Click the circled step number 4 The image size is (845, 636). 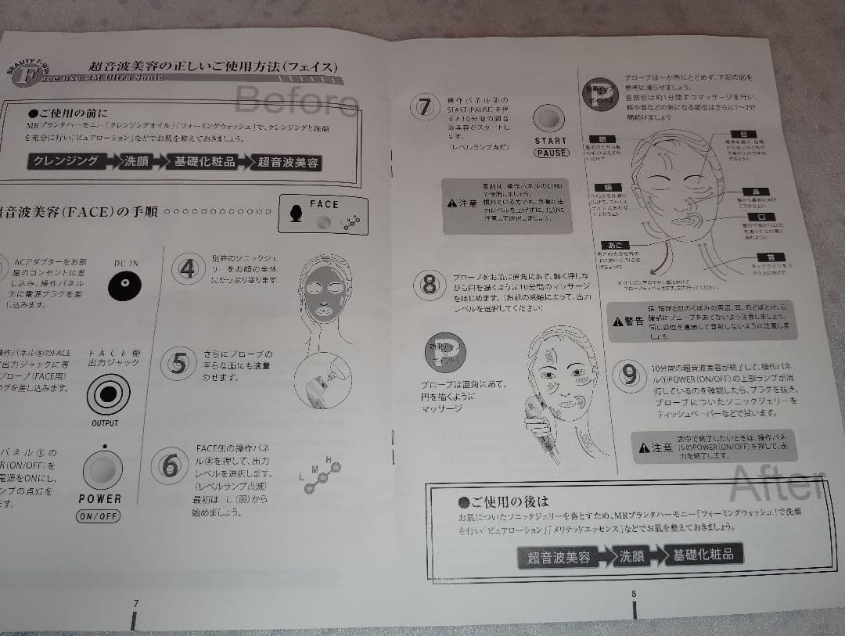[188, 269]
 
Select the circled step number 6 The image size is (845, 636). [169, 464]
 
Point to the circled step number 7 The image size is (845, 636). [424, 106]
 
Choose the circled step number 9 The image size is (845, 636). [628, 375]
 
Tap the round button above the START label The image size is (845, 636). [549, 118]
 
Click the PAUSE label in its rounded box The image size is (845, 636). [552, 153]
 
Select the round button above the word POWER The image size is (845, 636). [101, 469]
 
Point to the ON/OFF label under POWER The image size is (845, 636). [99, 516]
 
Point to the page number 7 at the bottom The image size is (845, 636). [136, 603]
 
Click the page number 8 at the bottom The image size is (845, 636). [633, 593]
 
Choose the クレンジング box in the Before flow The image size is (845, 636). [67, 161]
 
